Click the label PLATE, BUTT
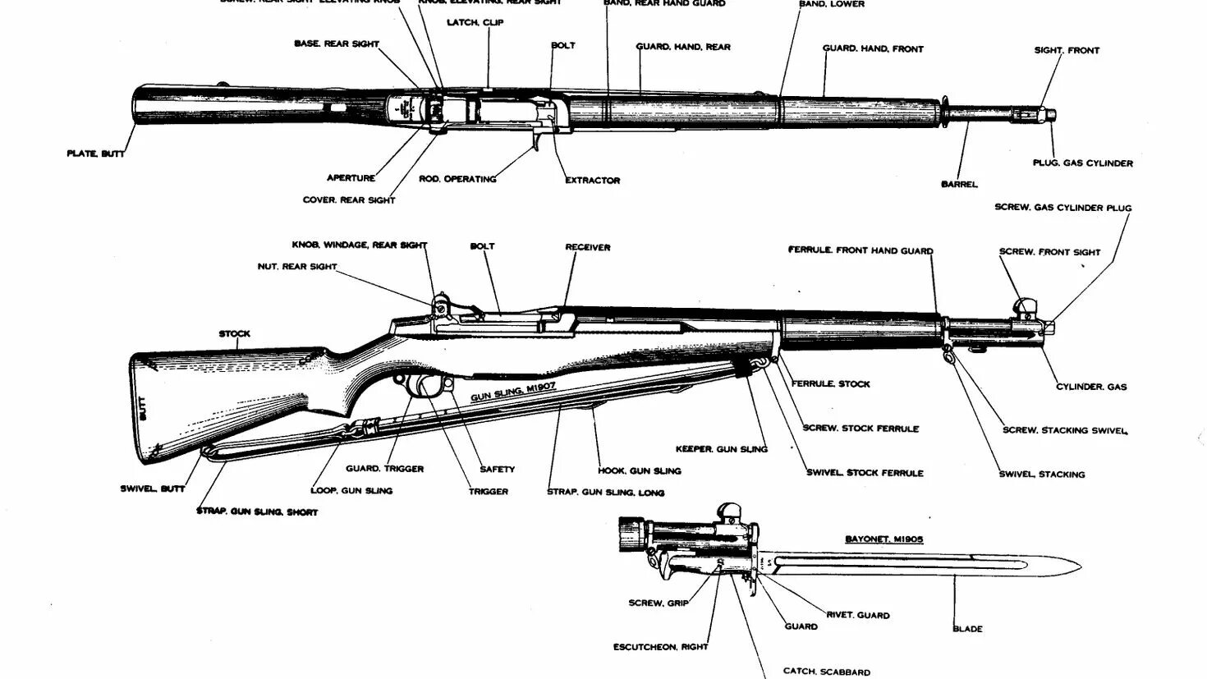pyautogui.click(x=95, y=154)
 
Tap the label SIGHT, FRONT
pyautogui.click(x=1066, y=50)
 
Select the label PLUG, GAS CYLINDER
pyautogui.click(x=1082, y=163)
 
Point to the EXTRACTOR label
pyautogui.click(x=592, y=181)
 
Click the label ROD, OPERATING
pyautogui.click(x=457, y=179)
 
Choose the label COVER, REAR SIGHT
pyautogui.click(x=349, y=200)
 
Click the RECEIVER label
pyautogui.click(x=587, y=247)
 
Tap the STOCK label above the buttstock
pyautogui.click(x=234, y=334)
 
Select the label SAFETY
pyautogui.click(x=497, y=470)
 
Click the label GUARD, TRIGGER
pyautogui.click(x=384, y=469)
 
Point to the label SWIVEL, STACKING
pyautogui.click(x=1041, y=475)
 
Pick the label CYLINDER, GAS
pyautogui.click(x=1091, y=387)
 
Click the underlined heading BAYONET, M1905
pyautogui.click(x=883, y=539)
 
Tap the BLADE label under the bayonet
pyautogui.click(x=967, y=629)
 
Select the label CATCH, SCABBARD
pyautogui.click(x=826, y=672)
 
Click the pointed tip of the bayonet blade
pyautogui.click(x=1078, y=566)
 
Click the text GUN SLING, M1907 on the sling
pyautogui.click(x=512, y=393)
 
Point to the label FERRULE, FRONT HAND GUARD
pyautogui.click(x=861, y=250)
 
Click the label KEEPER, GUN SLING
pyautogui.click(x=721, y=449)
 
